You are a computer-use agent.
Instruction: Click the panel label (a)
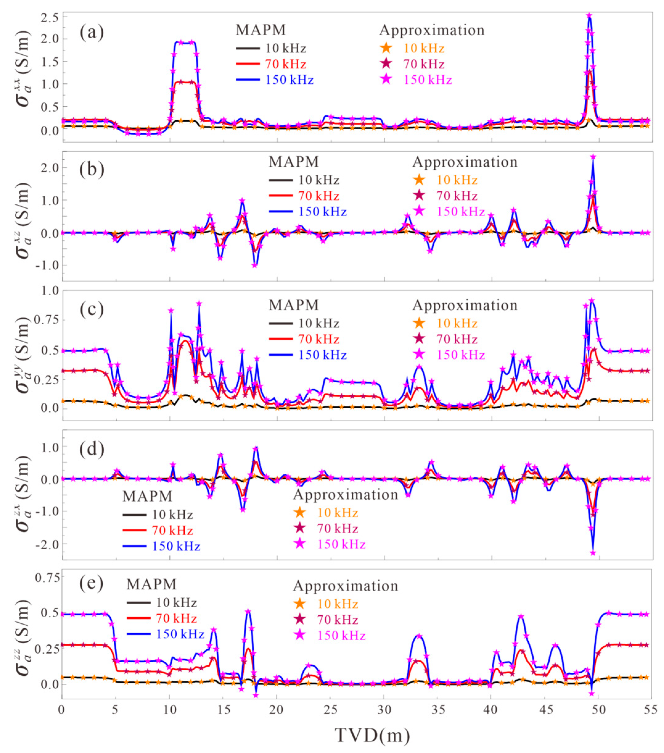[x=92, y=32]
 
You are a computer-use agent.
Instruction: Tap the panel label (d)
[x=92, y=450]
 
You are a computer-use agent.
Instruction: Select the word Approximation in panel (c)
[x=465, y=306]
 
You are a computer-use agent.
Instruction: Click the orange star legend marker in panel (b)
[x=419, y=180]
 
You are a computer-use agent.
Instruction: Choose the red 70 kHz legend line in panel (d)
[x=134, y=530]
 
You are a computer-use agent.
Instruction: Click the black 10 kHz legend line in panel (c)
[x=281, y=323]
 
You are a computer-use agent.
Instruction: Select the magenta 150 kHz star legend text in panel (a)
[x=427, y=80]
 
